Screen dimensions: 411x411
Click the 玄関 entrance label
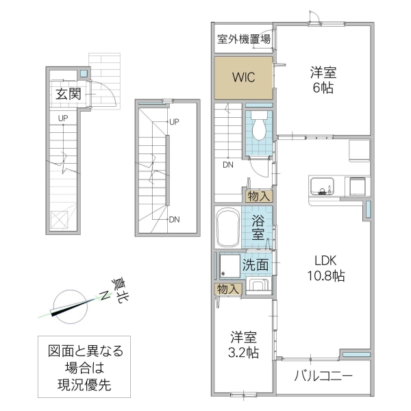point(68,94)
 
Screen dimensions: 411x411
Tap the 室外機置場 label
point(243,39)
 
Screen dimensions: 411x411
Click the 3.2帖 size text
point(244,353)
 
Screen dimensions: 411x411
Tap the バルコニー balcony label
point(323,376)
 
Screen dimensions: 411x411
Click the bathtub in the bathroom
point(227,229)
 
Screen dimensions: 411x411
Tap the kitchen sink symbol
point(322,186)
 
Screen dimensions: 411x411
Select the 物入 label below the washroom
point(228,290)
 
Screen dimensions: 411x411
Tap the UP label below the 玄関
point(62,119)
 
